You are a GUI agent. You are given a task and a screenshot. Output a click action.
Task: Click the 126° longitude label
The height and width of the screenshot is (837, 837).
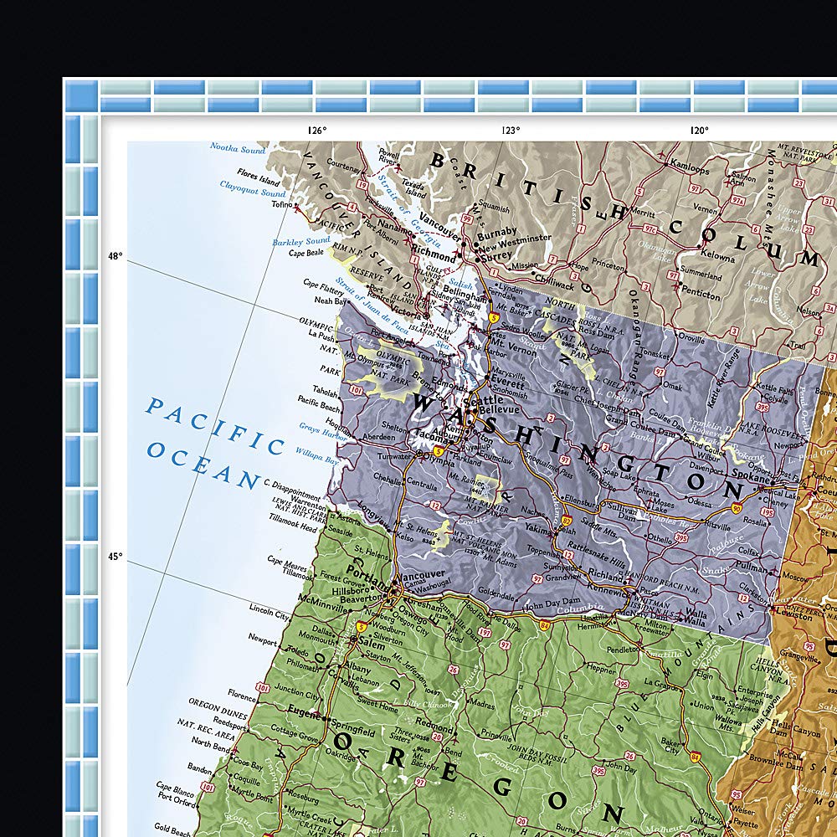pyautogui.click(x=316, y=130)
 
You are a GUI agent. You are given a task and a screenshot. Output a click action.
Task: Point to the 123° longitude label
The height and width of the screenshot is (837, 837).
pyautogui.click(x=511, y=130)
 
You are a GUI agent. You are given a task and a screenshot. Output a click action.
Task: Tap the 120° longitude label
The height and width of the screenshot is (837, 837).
pyautogui.click(x=700, y=130)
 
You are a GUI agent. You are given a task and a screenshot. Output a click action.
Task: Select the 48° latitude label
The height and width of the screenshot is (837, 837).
pyautogui.click(x=115, y=256)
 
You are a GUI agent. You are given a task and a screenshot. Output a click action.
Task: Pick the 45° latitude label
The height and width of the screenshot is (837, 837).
pyautogui.click(x=115, y=556)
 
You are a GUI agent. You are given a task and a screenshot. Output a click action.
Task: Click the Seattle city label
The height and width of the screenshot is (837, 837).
pyautogui.click(x=489, y=401)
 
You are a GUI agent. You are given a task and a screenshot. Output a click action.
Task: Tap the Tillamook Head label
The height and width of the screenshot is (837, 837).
pyautogui.click(x=292, y=528)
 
